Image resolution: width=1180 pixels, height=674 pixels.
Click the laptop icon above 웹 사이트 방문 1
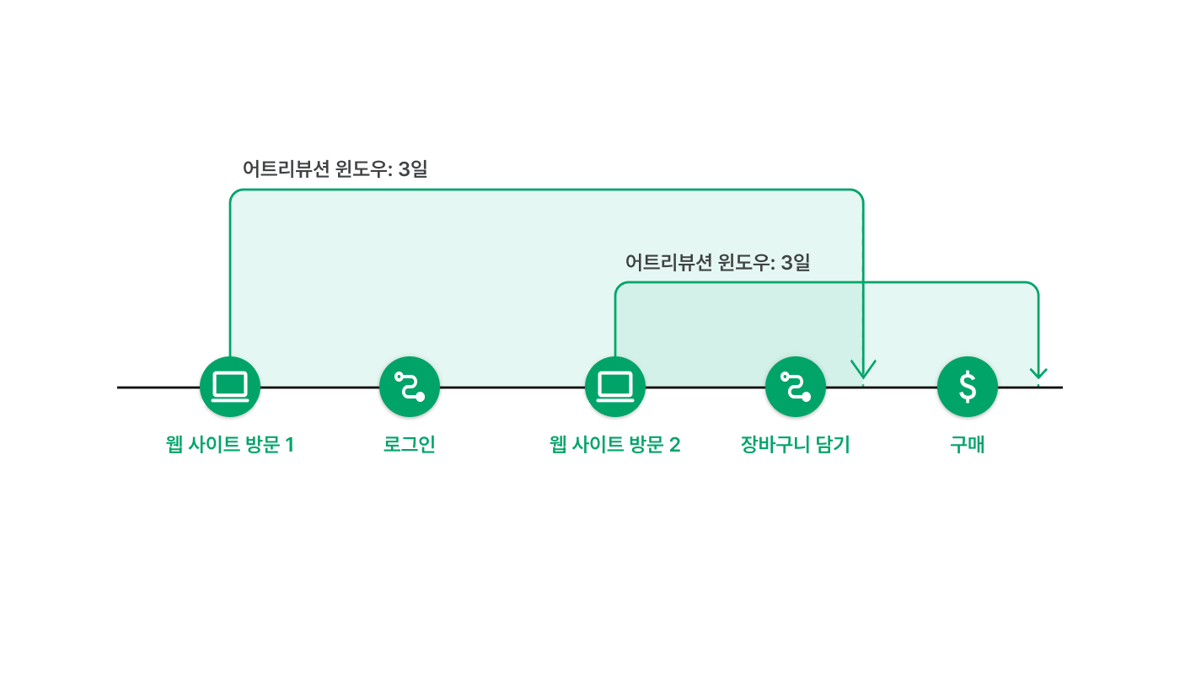coord(230,387)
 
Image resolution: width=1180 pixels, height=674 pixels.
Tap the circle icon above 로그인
coord(410,387)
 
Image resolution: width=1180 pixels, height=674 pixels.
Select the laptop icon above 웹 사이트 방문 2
coord(615,387)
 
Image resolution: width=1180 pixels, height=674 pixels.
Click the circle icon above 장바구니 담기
coord(796,387)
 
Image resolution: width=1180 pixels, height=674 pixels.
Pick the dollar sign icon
coord(968,387)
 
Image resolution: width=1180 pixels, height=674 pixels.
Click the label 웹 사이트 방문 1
coord(229,445)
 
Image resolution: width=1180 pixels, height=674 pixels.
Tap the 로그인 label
coord(410,445)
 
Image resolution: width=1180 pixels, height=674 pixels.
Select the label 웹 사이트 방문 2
coord(614,445)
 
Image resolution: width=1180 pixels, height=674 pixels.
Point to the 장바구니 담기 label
coord(796,445)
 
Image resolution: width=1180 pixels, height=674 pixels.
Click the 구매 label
coord(968,445)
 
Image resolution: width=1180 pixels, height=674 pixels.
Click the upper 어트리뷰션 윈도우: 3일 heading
coord(335,169)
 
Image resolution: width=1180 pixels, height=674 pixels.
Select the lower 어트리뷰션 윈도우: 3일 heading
coord(717,262)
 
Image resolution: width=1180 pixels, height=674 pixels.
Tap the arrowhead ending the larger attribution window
coord(863,369)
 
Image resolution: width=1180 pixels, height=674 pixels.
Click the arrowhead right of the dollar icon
coord(1038,373)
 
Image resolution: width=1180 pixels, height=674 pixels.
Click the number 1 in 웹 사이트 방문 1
coord(289,445)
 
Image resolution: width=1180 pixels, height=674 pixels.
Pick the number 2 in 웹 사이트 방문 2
coord(675,445)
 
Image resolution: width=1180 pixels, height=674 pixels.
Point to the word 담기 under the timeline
coord(833,445)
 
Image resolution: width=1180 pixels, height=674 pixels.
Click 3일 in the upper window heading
coord(412,169)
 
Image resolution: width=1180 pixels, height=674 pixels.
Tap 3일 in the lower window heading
coord(795,262)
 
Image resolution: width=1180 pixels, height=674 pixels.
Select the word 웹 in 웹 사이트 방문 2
coord(558,445)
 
